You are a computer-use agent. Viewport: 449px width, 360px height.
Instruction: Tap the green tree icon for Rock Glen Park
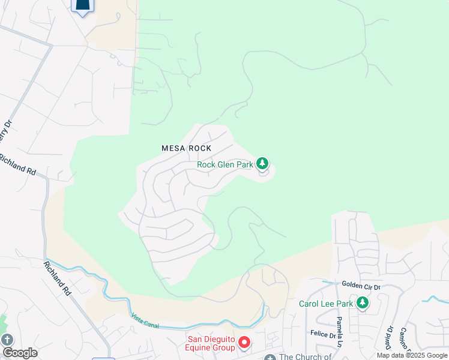tap(262, 163)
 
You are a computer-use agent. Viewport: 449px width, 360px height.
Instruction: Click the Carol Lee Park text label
tap(327, 304)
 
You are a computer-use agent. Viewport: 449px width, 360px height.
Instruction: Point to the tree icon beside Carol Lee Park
tap(362, 303)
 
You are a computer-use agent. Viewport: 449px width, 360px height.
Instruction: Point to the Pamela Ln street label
tap(340, 332)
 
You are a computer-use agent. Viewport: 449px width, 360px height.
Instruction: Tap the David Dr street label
tap(390, 337)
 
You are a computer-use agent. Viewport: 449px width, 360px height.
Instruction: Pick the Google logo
tap(20, 353)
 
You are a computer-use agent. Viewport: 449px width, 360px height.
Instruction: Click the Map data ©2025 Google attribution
tap(412, 355)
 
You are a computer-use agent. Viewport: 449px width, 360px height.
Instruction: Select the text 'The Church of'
tap(305, 357)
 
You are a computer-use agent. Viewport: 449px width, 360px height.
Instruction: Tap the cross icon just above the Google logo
tap(7, 339)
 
